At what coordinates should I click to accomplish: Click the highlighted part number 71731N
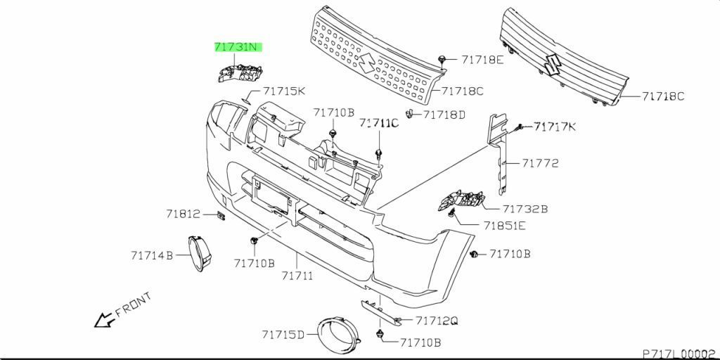[239, 48]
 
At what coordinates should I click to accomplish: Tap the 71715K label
[284, 91]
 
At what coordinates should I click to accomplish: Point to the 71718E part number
[482, 60]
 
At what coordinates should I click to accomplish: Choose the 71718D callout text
[444, 115]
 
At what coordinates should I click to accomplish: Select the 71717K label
[554, 127]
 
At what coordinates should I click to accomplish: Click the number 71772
[540, 163]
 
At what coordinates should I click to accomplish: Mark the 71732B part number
[525, 209]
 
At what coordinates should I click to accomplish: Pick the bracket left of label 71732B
[463, 200]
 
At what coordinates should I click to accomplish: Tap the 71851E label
[504, 226]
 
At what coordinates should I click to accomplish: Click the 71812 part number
[184, 214]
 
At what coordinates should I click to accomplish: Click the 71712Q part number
[436, 321]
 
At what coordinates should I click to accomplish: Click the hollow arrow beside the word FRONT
[105, 320]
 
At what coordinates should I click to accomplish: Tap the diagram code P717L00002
[679, 353]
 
